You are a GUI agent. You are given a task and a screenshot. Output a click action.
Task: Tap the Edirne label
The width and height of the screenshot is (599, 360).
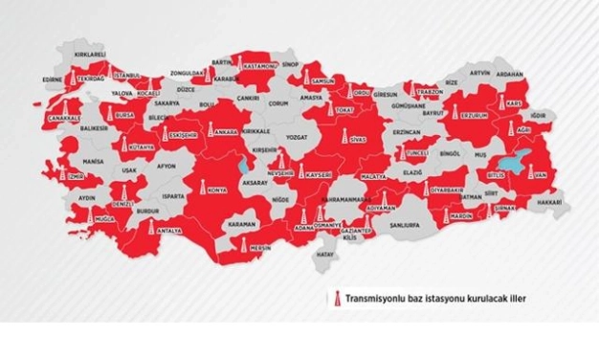[55, 79]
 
